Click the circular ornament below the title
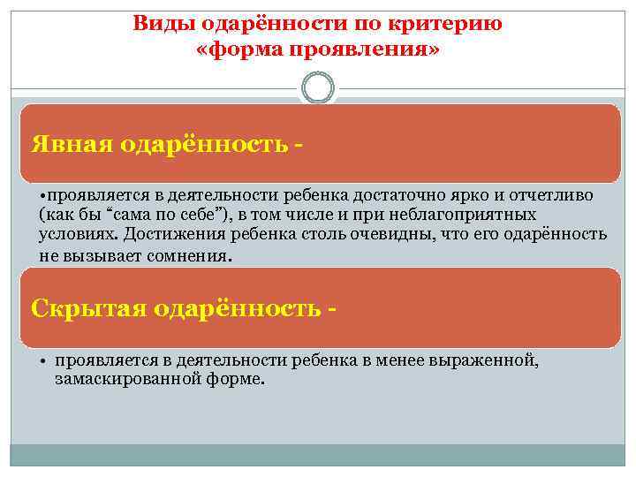(318, 88)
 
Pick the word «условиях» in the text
(79, 234)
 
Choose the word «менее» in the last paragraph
(397, 360)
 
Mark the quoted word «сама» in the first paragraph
(120, 215)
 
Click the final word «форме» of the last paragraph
(236, 379)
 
